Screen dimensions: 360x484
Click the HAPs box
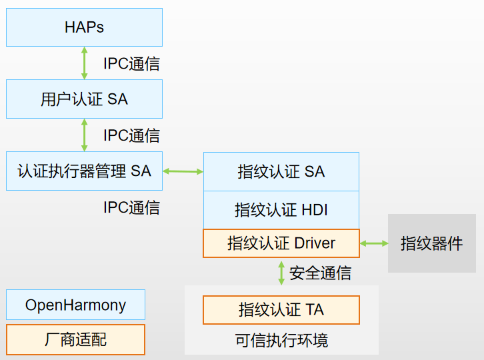pos(84,27)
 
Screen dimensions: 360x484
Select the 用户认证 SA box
pos(84,99)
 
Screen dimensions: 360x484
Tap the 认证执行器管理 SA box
pos(84,171)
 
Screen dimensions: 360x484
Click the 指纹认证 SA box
pos(281,171)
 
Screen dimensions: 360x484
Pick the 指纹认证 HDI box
pos(281,210)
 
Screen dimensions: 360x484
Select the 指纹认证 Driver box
pos(281,243)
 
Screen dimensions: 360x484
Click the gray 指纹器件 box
pos(431,243)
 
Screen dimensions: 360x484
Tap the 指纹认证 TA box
pos(281,310)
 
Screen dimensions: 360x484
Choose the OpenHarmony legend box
pos(75,305)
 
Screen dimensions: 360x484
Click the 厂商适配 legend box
pos(75,340)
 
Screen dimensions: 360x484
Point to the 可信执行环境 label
pos(281,341)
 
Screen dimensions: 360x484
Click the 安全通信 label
pos(320,273)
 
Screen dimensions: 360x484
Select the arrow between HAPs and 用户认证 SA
pos(84,63)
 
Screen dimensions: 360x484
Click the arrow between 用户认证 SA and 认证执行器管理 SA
pos(84,135)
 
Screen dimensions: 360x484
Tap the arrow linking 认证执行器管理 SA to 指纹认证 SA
pos(183,171)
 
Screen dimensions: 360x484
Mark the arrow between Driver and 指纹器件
pos(374,243)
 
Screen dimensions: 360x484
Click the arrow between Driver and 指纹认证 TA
pos(281,272)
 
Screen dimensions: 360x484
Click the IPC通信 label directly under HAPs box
pos(131,64)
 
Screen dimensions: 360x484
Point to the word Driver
pos(313,243)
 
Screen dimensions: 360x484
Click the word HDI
pos(315,210)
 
